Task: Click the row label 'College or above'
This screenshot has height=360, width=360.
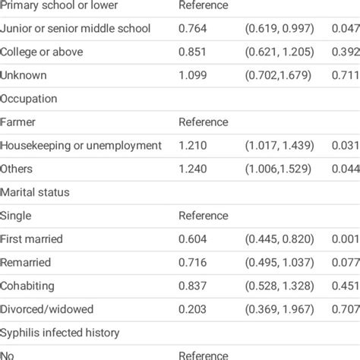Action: pos(41,52)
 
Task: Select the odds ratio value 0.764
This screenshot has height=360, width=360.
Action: pos(193,28)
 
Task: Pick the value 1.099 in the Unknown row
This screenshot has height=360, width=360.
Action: pos(193,75)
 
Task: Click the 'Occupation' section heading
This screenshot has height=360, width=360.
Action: pos(30,99)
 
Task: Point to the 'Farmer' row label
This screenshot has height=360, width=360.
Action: pos(18,122)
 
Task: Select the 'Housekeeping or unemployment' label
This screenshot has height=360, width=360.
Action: pos(81,145)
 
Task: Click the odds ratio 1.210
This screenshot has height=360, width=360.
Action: pos(193,145)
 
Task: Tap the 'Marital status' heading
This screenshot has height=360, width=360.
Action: pos(35,192)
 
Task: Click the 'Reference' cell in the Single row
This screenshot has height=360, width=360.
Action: pos(203,216)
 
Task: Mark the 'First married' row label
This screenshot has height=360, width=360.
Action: pos(32,239)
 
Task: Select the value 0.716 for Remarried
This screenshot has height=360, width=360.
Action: pos(193,262)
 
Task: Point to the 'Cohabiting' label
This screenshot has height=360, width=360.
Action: pos(27,286)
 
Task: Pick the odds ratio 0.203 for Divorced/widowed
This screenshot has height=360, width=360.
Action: pos(193,309)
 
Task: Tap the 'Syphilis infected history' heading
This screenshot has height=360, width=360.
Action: pos(59,333)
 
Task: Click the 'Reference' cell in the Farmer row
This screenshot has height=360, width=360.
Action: pos(203,122)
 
